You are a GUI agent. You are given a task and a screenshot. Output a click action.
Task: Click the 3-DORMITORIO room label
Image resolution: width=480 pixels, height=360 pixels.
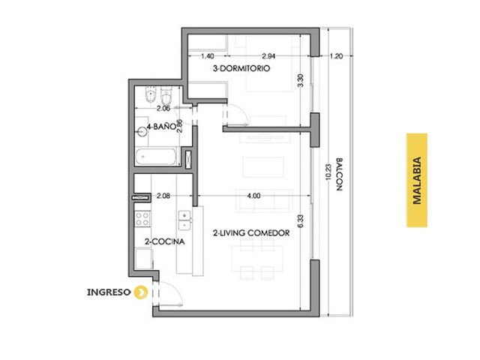[241, 68]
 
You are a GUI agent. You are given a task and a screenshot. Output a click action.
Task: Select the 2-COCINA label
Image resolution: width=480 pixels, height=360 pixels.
[165, 241]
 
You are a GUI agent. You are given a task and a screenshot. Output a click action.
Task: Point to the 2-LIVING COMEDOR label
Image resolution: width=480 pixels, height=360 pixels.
[251, 233]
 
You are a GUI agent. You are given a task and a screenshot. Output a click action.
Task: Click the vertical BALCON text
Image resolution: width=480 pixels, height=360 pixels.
[339, 175]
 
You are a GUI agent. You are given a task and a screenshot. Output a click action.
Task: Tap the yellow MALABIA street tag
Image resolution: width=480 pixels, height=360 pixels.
[417, 180]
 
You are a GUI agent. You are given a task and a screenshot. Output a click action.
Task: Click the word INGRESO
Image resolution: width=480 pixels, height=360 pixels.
[109, 292]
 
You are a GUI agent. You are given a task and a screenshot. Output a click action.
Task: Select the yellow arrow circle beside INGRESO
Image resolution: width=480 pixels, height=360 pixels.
[140, 292]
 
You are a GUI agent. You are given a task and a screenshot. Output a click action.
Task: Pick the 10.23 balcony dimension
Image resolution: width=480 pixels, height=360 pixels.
[328, 172]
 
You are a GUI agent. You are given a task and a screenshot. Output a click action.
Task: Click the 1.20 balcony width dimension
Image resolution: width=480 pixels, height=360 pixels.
[336, 56]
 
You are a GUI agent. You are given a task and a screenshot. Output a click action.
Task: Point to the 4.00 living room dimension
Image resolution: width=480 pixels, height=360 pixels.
[253, 196]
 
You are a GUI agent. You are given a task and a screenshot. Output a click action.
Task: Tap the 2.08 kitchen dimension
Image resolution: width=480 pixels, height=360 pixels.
[163, 196]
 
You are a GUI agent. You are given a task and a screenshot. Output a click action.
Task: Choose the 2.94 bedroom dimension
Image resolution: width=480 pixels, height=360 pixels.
[268, 56]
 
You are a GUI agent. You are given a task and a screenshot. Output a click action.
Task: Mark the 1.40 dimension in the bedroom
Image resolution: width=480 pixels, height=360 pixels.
[207, 56]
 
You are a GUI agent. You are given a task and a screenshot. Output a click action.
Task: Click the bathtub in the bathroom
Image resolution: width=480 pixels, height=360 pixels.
[156, 157]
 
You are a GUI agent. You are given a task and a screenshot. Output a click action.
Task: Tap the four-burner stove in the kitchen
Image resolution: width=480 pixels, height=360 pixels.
[143, 219]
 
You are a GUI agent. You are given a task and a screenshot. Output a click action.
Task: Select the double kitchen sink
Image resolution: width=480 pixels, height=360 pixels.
[184, 220]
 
